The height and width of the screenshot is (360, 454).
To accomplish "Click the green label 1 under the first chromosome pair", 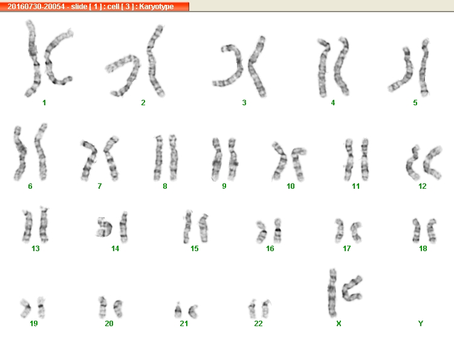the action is click(44, 103).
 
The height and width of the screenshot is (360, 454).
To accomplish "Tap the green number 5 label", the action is click(415, 103).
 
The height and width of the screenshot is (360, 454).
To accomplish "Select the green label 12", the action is click(423, 186).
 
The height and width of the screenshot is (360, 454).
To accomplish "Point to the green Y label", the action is click(421, 323).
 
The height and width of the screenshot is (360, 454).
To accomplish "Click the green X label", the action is click(339, 323).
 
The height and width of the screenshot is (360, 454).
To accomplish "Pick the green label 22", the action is click(258, 323).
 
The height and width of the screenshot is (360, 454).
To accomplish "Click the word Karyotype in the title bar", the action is click(157, 7).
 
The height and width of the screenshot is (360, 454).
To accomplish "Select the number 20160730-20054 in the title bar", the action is click(36, 7).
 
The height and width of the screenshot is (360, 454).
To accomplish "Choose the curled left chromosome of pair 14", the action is click(103, 227).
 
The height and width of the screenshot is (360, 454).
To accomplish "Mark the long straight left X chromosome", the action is click(332, 293).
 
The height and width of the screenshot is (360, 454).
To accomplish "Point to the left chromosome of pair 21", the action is click(178, 310).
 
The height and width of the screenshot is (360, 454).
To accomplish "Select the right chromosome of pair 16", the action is click(277, 231).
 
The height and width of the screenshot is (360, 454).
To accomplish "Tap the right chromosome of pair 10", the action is click(298, 164).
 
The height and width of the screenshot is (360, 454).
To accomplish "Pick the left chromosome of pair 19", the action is click(26, 307).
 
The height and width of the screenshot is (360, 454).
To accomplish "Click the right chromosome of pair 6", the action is click(41, 152).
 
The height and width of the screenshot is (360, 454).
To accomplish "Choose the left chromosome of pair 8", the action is click(158, 158).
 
